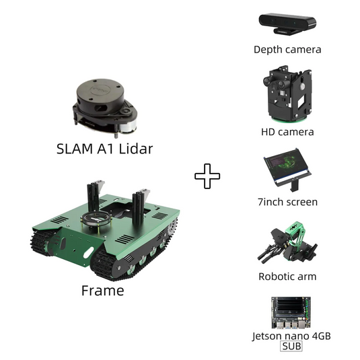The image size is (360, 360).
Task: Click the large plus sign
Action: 207,176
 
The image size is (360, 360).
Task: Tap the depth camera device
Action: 287,24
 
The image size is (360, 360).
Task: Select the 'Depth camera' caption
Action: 287,50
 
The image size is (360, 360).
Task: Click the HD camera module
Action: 287,94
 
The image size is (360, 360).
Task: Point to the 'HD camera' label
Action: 287,132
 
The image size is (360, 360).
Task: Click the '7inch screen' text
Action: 288,202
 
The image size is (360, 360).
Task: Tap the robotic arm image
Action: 287,244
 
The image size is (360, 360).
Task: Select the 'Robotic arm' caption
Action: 287,277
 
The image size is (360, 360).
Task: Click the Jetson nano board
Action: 291,312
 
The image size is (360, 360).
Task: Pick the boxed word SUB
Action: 291,347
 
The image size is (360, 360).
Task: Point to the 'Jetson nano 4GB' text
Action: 291,336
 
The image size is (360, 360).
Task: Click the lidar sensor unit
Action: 105,108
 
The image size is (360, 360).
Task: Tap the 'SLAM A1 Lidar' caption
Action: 105,149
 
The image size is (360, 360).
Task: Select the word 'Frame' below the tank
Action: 103,291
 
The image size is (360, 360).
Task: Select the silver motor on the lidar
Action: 128,126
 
